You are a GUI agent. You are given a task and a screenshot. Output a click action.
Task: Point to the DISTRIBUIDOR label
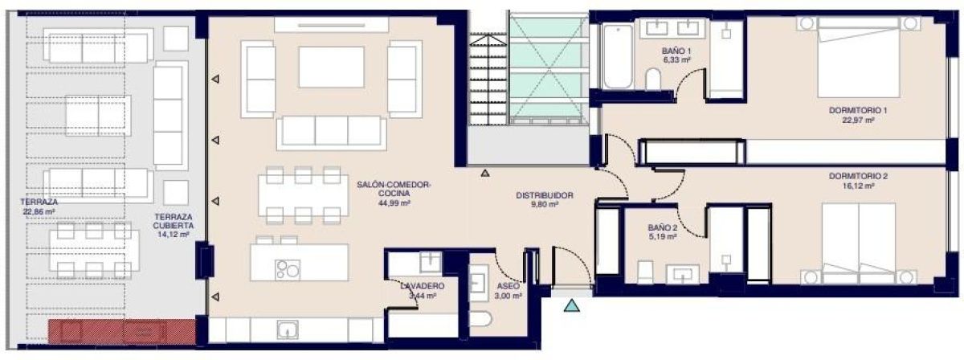coord(544,195)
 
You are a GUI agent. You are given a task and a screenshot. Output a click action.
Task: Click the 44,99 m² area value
coord(394,204)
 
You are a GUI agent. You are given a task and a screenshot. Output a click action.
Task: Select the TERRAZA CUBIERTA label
coord(173,222)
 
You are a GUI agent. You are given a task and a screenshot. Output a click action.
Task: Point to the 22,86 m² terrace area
coord(40,212)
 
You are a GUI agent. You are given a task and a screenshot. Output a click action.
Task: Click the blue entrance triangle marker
coord(571,305)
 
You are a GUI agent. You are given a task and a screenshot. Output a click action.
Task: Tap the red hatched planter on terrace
coord(120,330)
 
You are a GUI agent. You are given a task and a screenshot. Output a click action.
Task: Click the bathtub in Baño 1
coord(618,57)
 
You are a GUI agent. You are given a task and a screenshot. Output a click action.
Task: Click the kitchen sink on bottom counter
coord(288,329)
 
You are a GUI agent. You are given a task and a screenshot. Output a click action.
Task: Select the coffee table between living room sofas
coord(331,67)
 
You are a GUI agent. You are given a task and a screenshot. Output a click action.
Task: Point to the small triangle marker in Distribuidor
coord(485,172)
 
